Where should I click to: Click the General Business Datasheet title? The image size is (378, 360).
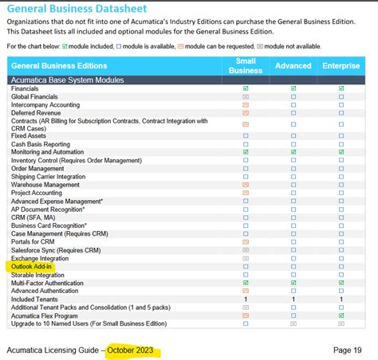pyautogui.click(x=83, y=10)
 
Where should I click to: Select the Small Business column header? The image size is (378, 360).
pyautogui.click(x=246, y=65)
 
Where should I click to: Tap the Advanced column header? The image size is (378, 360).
pyautogui.click(x=293, y=65)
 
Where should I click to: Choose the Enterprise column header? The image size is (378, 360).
pyautogui.click(x=341, y=65)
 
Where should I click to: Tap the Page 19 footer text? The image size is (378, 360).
pyautogui.click(x=346, y=350)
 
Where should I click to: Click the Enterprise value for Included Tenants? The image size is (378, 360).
pyautogui.click(x=341, y=298)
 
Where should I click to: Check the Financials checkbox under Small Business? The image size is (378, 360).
pyautogui.click(x=246, y=88)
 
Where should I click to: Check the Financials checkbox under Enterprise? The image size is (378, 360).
pyautogui.click(x=341, y=88)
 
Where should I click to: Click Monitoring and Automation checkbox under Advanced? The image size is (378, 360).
pyautogui.click(x=293, y=151)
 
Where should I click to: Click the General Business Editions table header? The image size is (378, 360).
pyautogui.click(x=59, y=65)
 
